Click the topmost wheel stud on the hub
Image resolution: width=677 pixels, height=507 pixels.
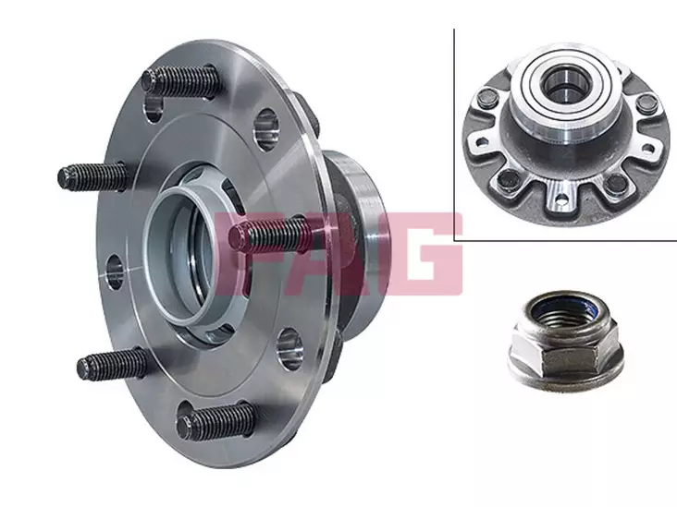181,81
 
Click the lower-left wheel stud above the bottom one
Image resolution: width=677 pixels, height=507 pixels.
113,364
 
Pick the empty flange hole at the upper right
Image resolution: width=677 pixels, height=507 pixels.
267,130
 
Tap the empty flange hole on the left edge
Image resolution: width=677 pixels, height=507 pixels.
114,272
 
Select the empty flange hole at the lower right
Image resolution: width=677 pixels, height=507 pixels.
289,348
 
